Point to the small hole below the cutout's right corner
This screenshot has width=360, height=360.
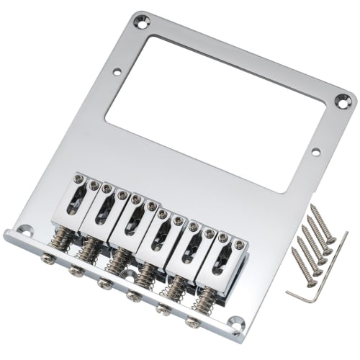coord(314,152)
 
